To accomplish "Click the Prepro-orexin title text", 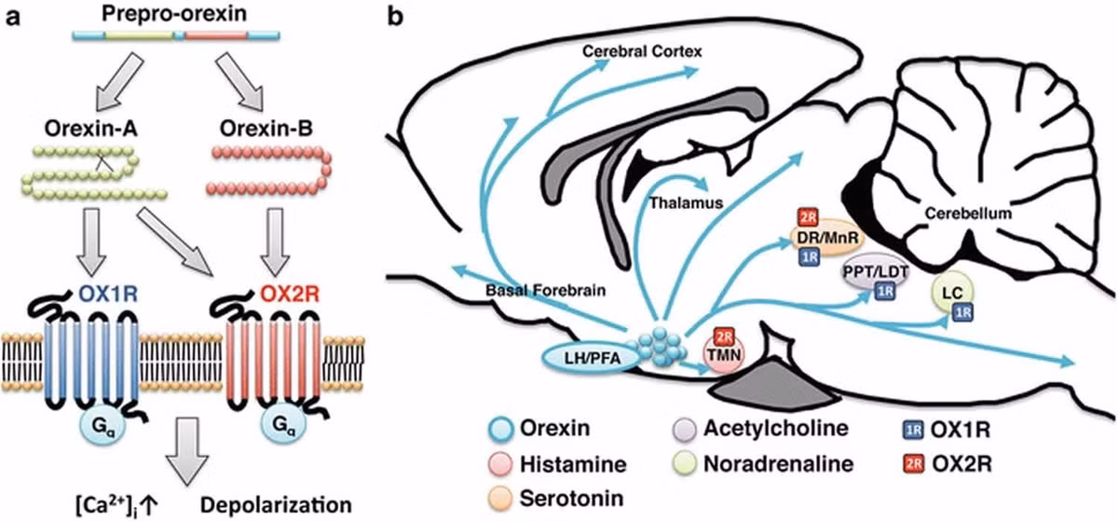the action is [174, 14].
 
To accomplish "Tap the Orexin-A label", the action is [91, 129].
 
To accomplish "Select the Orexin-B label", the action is [266, 129].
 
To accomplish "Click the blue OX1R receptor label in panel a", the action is [108, 295].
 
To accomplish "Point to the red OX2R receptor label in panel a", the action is [290, 295].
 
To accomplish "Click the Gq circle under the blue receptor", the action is [102, 426].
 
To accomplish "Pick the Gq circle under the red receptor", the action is [283, 426].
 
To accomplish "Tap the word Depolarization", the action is [276, 505].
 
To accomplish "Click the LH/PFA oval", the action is [592, 358].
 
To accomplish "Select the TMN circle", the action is [724, 354].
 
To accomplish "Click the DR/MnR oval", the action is [827, 238].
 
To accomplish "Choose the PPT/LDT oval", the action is [876, 273].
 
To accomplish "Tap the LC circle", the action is [952, 292].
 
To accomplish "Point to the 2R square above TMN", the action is [724, 337].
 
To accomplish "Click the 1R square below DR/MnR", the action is [809, 256].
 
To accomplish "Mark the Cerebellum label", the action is [968, 213].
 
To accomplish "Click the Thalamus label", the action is [686, 203].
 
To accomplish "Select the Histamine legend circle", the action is [500, 464].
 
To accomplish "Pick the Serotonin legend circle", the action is [500, 499].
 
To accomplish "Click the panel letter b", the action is [395, 17].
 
